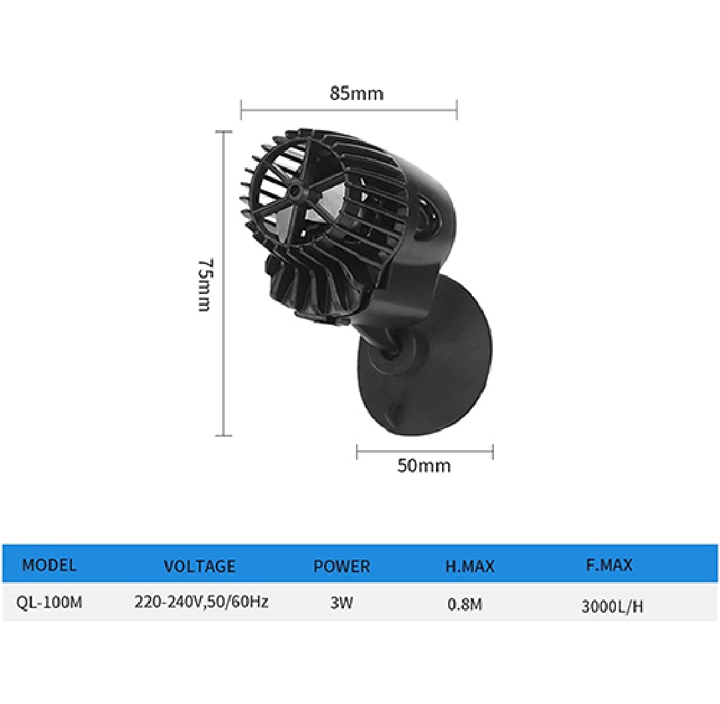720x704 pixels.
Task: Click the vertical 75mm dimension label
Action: pyautogui.click(x=205, y=285)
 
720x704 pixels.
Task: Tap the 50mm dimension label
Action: pyautogui.click(x=424, y=465)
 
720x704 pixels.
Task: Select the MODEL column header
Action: pyautogui.click(x=49, y=565)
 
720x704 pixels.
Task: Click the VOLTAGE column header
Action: pyautogui.click(x=199, y=566)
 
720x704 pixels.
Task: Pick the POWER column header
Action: pyautogui.click(x=341, y=566)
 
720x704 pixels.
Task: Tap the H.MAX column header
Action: pyautogui.click(x=470, y=566)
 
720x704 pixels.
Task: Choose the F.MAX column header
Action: pyautogui.click(x=609, y=565)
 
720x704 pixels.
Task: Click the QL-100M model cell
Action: pyautogui.click(x=49, y=601)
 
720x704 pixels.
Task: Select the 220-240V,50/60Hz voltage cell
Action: pyautogui.click(x=201, y=601)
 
